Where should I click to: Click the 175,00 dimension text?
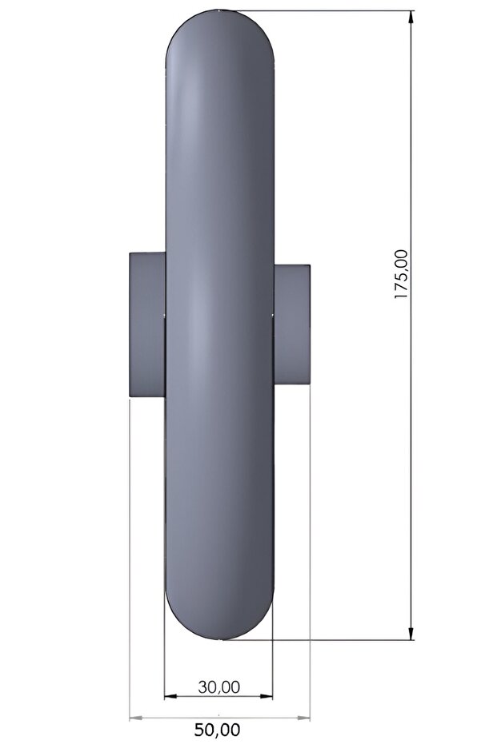[x=401, y=274]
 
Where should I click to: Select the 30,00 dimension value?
[x=218, y=686]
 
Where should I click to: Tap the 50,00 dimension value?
[x=218, y=729]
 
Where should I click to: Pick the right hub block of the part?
[x=292, y=324]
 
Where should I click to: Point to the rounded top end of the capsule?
[x=220, y=32]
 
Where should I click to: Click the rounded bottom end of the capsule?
[x=219, y=619]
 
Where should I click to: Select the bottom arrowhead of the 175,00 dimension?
[x=411, y=634]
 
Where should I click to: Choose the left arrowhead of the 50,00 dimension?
[x=134, y=718]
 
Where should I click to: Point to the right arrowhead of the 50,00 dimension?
[x=305, y=718]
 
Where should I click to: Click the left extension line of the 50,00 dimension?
[x=130, y=559]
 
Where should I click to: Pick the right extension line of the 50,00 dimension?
[x=310, y=559]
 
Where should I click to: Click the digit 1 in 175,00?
[x=401, y=296]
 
